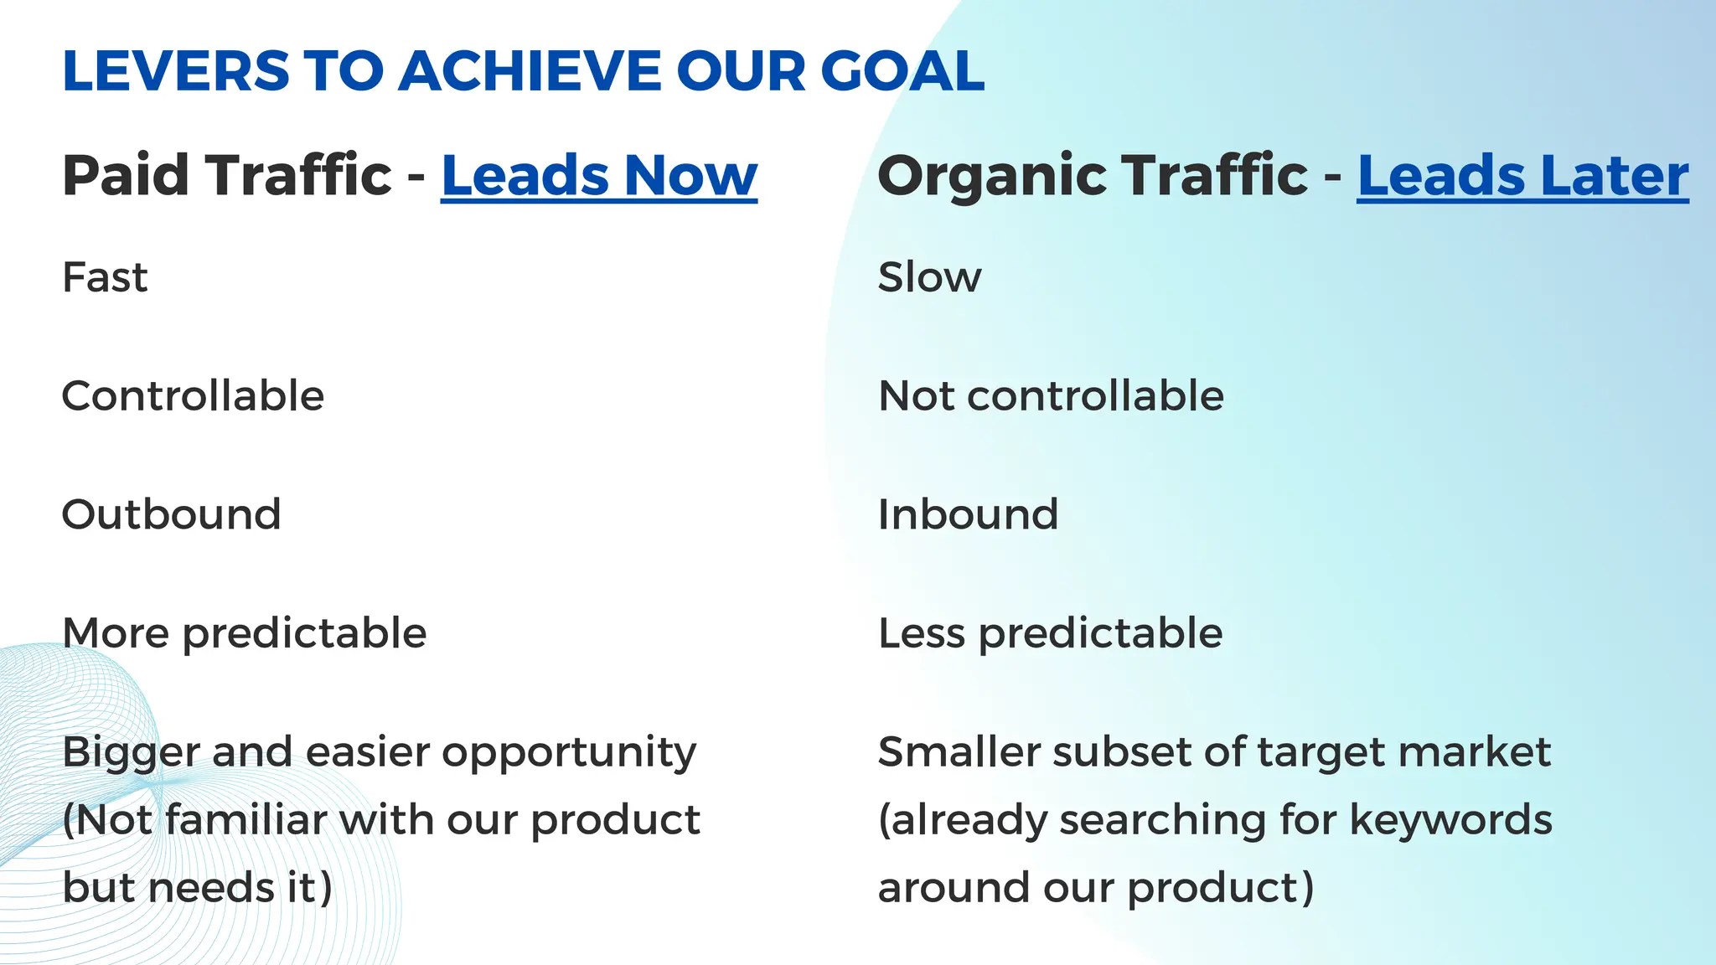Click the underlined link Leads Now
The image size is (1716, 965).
coord(598,176)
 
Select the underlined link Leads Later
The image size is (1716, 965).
coord(1522,176)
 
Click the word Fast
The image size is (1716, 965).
coord(105,277)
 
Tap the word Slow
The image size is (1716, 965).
coord(928,277)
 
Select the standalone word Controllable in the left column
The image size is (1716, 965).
coord(193,396)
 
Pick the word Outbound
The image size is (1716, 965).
coord(171,514)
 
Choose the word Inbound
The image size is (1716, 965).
coord(968,514)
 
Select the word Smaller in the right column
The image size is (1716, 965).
coord(958,752)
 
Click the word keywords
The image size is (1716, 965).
coord(1450,820)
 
